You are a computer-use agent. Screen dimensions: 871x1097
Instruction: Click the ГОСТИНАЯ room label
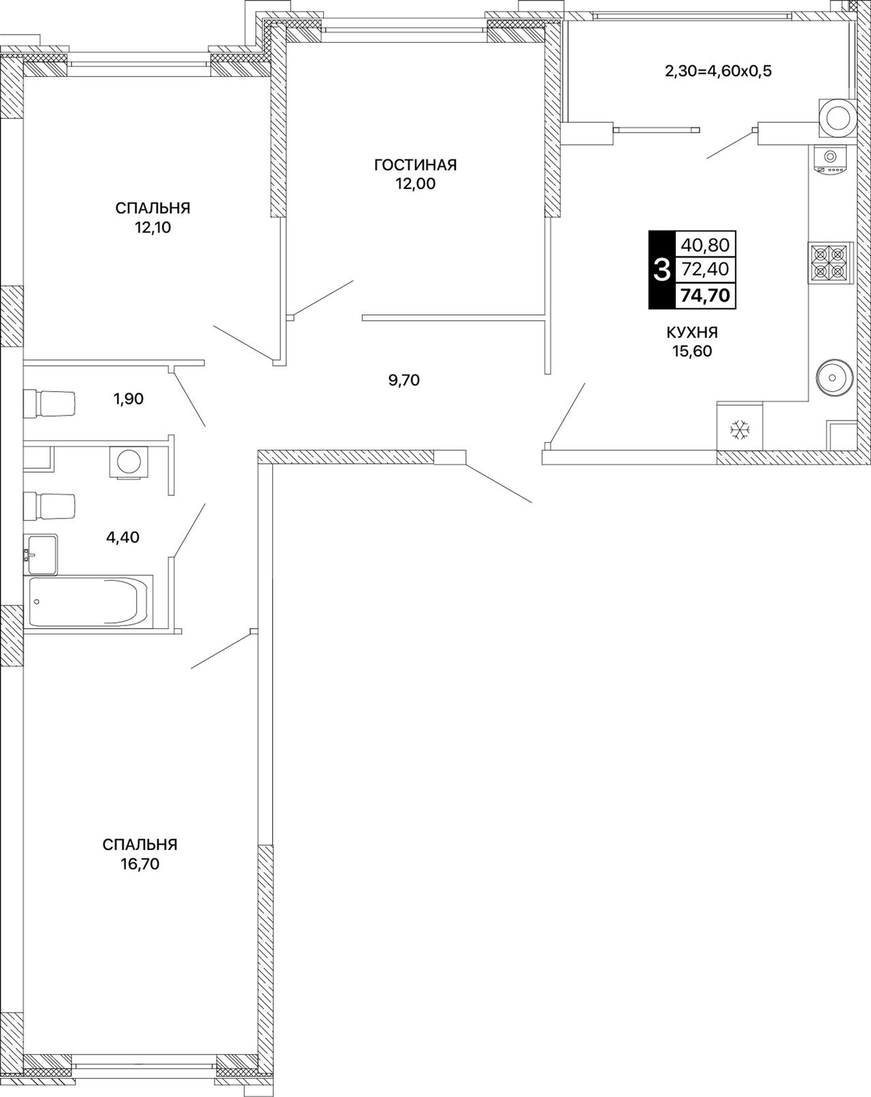click(415, 165)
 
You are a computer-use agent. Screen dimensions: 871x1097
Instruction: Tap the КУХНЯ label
click(692, 333)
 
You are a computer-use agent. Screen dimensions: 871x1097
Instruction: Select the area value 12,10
click(152, 227)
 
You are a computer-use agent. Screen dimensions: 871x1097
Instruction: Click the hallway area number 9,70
click(404, 379)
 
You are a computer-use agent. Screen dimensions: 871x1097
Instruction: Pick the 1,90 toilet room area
click(128, 399)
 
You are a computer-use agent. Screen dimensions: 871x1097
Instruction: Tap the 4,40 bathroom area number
click(122, 537)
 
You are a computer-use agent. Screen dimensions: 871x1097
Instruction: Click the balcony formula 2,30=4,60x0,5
click(718, 71)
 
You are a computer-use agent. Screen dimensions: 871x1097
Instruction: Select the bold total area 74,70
click(705, 295)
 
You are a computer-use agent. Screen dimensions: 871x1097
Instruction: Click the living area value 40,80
click(705, 246)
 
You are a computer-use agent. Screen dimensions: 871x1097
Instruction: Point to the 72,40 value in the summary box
click(705, 269)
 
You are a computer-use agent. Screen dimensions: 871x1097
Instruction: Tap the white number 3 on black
click(661, 270)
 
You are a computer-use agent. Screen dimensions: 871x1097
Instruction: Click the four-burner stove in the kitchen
click(829, 263)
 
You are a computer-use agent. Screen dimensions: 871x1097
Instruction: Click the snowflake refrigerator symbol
click(740, 429)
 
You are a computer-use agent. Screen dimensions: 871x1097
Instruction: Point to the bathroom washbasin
click(40, 554)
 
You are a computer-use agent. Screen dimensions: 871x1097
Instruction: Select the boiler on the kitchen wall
click(838, 118)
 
